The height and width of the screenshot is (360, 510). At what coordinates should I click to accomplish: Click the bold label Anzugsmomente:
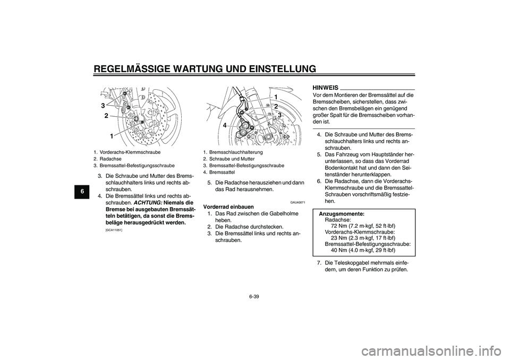[x=341, y=213]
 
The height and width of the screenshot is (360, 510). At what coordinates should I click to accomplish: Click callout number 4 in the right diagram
[x=225, y=125]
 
